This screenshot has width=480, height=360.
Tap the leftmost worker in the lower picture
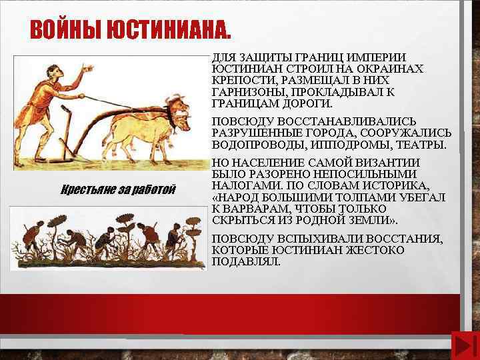pos(31,237)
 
